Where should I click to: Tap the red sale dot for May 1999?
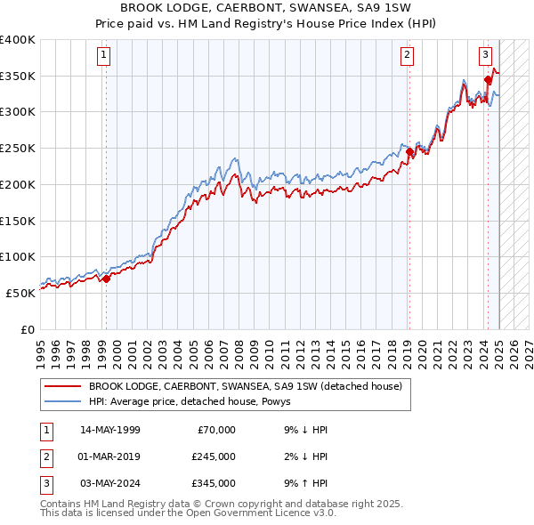point(106,279)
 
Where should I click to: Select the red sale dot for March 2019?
point(409,151)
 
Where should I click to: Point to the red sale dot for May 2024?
point(489,79)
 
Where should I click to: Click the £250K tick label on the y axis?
point(18,148)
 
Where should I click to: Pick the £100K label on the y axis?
point(18,256)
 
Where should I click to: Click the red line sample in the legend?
point(61,386)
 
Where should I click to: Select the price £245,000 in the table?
point(213,456)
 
